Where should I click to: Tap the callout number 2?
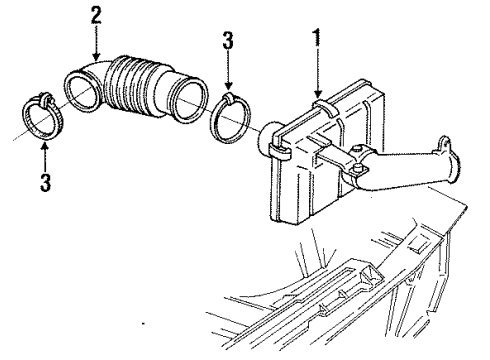pos(96,16)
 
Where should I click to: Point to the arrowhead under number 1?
pos(318,97)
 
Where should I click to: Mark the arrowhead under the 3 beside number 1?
pos(230,87)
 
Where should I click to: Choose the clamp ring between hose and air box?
pos(230,116)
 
